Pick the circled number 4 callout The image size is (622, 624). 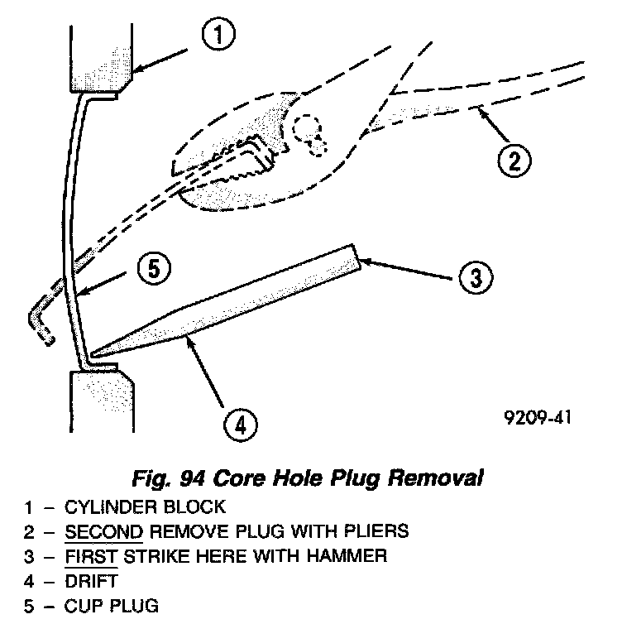(x=238, y=425)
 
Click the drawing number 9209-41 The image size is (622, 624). (x=536, y=418)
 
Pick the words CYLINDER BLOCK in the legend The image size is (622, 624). (x=144, y=506)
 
